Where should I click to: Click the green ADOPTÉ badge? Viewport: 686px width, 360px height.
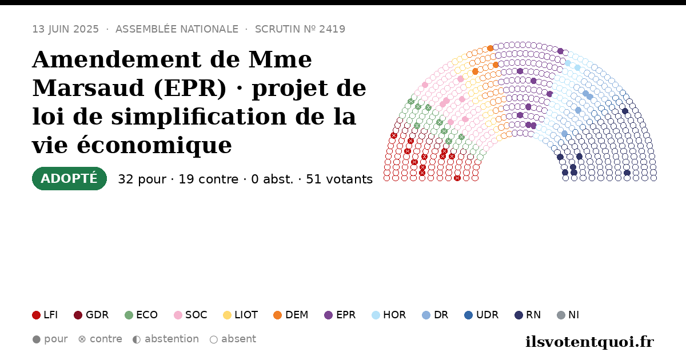[69, 178]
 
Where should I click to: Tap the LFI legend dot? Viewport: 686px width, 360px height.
[36, 315]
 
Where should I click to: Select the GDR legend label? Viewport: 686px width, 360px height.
[97, 315]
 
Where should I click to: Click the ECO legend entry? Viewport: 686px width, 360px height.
[141, 315]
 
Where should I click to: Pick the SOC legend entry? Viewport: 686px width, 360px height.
[190, 315]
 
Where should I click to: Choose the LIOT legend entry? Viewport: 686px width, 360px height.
[241, 315]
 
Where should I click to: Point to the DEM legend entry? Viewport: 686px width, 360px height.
[290, 315]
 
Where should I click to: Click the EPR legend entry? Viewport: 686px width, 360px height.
[340, 315]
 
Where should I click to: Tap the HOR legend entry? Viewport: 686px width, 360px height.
[389, 315]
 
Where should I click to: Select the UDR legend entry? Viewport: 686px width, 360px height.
[481, 315]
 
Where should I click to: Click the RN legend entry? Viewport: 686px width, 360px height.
[528, 315]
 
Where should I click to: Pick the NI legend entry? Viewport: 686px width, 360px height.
[568, 315]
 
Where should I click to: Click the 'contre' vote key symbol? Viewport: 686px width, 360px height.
[82, 339]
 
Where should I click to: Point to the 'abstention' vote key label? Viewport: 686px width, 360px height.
[172, 339]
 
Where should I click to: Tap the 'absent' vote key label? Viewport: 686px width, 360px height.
[238, 339]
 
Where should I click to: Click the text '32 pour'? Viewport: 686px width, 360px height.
[142, 179]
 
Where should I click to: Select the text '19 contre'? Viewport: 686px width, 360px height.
[208, 179]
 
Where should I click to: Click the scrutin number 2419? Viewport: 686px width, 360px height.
[332, 29]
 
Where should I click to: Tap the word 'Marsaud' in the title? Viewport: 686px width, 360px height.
[88, 88]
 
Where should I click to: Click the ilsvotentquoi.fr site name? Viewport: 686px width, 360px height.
[589, 342]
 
